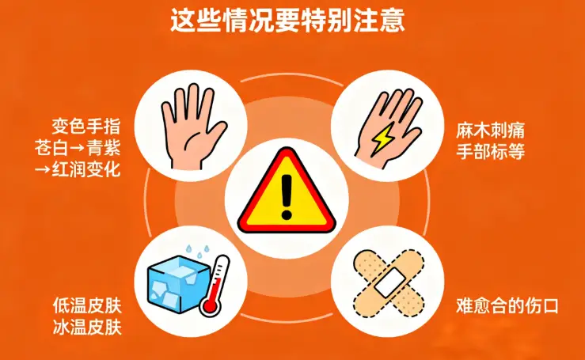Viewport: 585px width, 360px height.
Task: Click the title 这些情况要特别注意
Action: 287,20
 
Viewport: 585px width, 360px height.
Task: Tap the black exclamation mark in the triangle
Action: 287,196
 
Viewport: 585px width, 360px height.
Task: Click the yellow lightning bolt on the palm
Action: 382,138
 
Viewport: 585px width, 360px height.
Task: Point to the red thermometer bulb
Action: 209,305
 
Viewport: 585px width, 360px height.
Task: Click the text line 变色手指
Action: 85,126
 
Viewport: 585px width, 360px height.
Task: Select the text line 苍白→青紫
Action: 78,148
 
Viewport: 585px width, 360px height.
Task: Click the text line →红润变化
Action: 78,169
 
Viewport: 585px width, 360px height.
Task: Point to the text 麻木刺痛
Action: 490,130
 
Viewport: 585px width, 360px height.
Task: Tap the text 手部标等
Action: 490,151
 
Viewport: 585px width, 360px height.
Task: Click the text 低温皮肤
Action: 87,306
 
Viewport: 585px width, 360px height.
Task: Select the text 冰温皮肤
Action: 87,328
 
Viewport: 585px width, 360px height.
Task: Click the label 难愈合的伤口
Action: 507,306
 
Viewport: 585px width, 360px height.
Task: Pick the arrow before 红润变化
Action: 43,170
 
